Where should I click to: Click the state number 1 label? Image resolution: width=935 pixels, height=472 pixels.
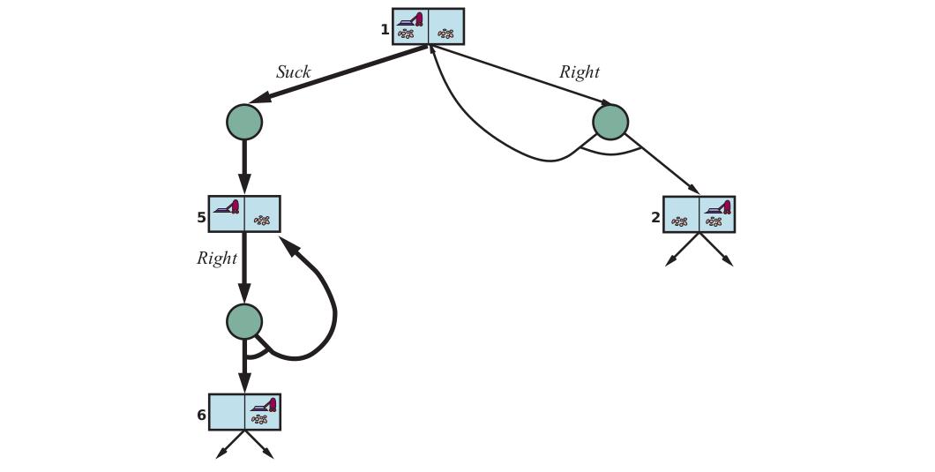385,29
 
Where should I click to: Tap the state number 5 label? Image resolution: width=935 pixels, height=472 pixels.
201,218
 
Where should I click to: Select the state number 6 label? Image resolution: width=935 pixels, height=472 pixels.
201,415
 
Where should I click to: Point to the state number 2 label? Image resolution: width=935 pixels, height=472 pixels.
656,218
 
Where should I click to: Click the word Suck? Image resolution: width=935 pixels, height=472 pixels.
294,72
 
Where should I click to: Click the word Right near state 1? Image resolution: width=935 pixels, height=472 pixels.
579,72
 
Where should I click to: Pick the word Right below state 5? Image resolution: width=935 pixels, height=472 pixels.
217,258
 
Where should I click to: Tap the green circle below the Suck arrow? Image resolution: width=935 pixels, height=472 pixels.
244,122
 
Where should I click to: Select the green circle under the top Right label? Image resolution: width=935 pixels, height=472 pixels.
610,123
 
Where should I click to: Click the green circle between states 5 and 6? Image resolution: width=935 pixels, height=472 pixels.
244,322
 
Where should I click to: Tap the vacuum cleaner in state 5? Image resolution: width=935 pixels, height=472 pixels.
228,206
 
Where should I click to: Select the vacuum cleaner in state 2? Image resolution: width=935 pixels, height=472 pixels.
718,207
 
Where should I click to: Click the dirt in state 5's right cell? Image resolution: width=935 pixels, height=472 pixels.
262,221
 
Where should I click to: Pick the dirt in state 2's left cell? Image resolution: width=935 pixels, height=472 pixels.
679,221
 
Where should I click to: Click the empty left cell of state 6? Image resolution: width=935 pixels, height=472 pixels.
228,412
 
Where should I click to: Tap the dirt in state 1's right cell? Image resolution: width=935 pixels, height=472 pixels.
445,34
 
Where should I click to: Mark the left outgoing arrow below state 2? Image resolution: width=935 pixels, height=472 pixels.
682,249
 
